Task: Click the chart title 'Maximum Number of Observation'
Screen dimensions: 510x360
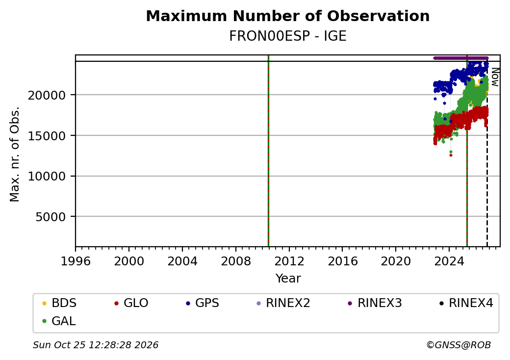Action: click(x=287, y=16)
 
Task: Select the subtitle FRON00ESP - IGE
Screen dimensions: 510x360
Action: click(x=287, y=36)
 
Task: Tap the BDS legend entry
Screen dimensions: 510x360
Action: click(x=59, y=303)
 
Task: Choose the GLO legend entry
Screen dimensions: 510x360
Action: click(x=131, y=303)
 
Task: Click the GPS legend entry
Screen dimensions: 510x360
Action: click(x=203, y=303)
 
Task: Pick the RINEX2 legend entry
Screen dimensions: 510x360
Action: click(x=283, y=303)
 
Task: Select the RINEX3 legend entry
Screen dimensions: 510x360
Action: click(x=375, y=303)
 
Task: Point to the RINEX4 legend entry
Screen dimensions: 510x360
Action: click(x=466, y=303)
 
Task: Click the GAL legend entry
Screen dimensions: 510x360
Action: click(x=59, y=321)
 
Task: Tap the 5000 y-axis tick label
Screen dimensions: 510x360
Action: click(x=51, y=217)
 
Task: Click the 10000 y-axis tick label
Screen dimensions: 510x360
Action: click(x=47, y=176)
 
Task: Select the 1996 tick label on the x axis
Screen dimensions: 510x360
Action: click(x=76, y=261)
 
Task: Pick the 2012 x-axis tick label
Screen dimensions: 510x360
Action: click(x=289, y=261)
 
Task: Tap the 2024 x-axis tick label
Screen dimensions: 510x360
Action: click(x=449, y=261)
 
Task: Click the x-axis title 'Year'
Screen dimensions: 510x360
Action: click(x=288, y=279)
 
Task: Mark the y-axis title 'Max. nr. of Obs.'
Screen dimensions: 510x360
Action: click(x=15, y=154)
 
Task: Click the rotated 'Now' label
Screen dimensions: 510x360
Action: click(x=495, y=77)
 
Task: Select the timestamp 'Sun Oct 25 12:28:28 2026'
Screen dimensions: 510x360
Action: click(x=96, y=345)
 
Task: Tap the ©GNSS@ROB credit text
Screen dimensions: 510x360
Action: click(x=459, y=345)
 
